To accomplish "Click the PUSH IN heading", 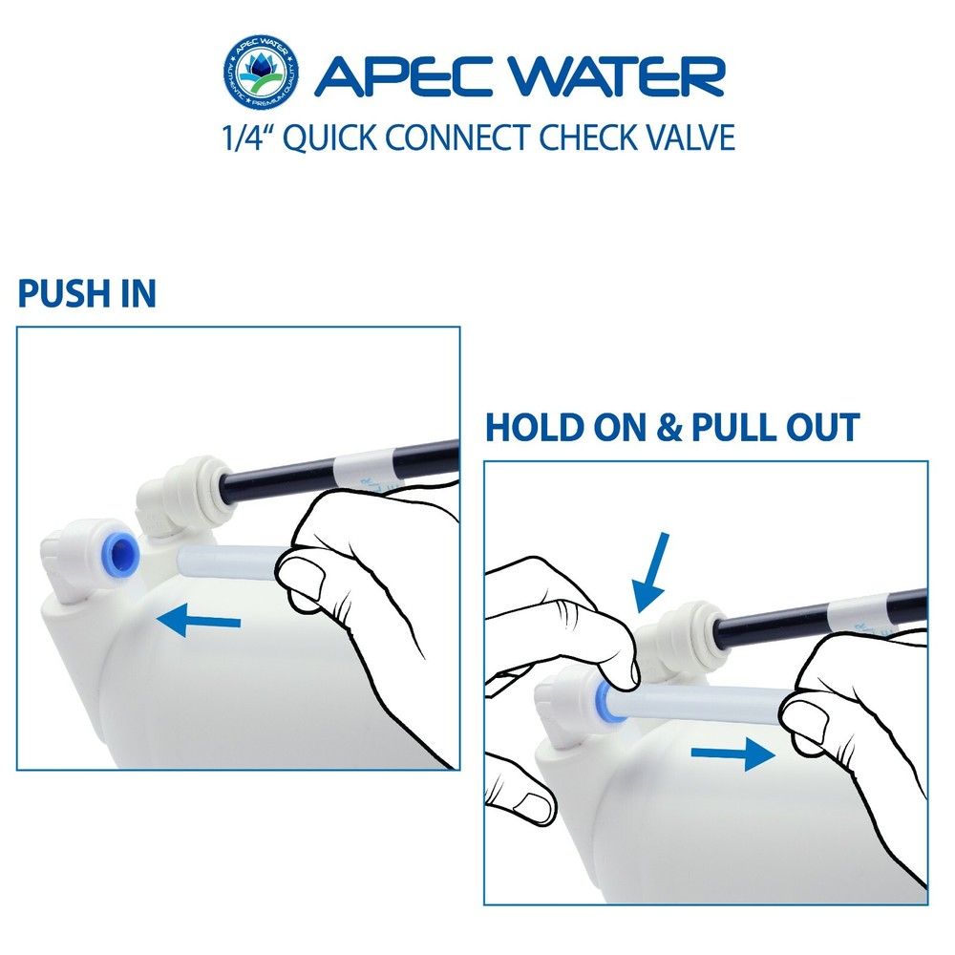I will point(87,294).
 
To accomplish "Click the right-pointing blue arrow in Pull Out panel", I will point(731,755).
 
